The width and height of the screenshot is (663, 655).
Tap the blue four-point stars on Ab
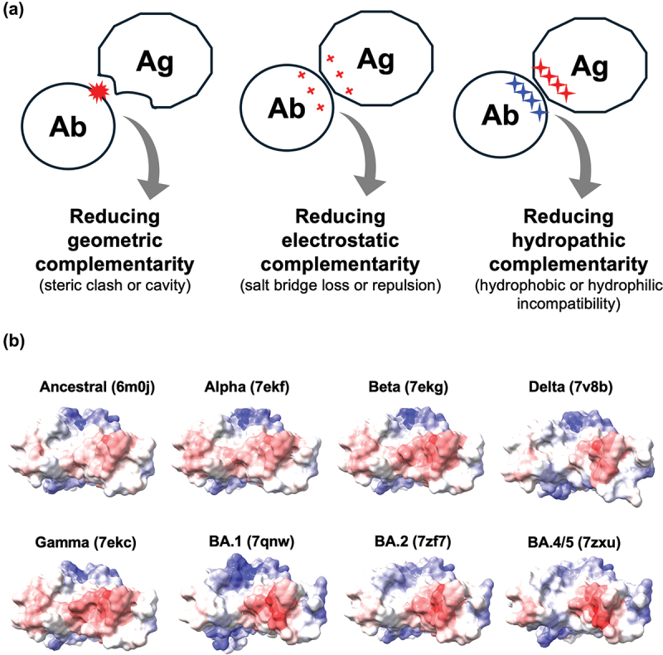[x=527, y=97]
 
